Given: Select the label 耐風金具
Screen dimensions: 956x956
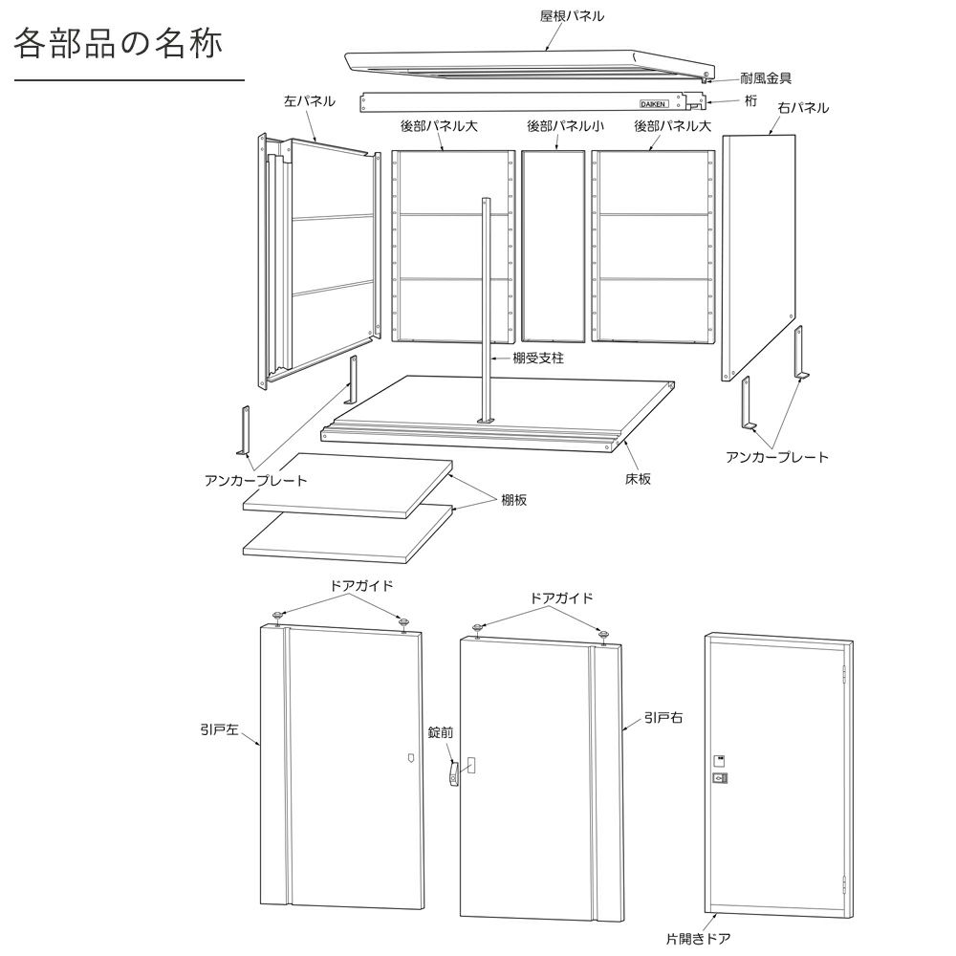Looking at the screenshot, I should (x=766, y=78).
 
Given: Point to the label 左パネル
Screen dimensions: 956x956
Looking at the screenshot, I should (x=309, y=100).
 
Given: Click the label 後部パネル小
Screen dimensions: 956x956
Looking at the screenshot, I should (x=565, y=125).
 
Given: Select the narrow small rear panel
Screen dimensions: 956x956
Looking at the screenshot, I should (x=553, y=246).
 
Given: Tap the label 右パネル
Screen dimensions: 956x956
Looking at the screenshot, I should (x=802, y=108).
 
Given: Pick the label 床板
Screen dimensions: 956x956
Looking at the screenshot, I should (x=638, y=478).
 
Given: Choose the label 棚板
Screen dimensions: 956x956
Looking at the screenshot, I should (x=514, y=499).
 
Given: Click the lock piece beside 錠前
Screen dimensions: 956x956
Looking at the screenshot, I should (x=453, y=773).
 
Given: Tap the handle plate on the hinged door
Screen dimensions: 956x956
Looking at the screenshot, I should (x=719, y=779).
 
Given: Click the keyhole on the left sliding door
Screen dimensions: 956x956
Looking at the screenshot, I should (x=410, y=762).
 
